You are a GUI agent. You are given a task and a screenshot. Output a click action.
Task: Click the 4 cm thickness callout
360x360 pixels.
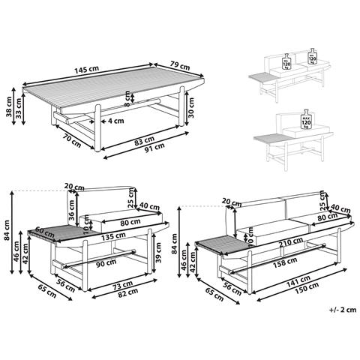(115, 120)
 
